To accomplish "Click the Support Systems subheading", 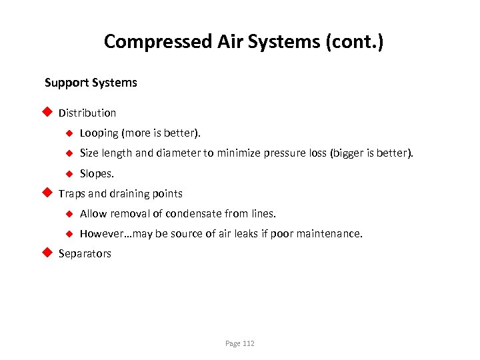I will click(91, 83).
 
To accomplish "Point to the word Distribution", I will click(87, 113).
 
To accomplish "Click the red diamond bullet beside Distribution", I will click(47, 112).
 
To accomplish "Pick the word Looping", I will click(99, 133).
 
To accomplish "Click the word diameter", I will click(177, 153).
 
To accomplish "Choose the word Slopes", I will click(97, 173).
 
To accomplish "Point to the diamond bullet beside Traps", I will click(47, 193).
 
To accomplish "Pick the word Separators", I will click(85, 254).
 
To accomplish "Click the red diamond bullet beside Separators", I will click(47, 253).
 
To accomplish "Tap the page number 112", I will click(248, 343).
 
